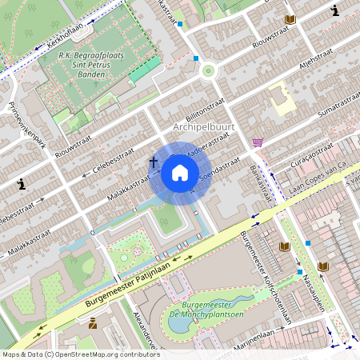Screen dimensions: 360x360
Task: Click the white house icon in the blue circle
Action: click(180, 173)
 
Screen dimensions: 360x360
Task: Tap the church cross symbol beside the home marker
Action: click(153, 162)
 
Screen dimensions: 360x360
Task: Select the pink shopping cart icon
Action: click(258, 142)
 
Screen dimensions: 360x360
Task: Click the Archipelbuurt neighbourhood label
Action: click(210, 127)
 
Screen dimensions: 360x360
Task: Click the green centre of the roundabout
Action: click(209, 70)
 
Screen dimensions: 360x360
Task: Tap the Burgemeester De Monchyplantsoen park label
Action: click(211, 310)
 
